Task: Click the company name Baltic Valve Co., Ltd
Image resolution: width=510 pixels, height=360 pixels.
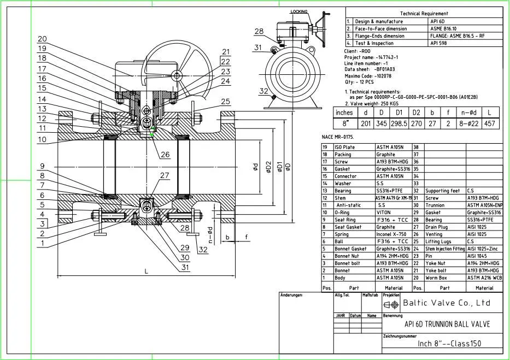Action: [446, 303]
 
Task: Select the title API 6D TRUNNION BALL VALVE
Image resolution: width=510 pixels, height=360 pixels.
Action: [447, 324]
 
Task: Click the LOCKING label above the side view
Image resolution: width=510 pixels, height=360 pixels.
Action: [299, 11]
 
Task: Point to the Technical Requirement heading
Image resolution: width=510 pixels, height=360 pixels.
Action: [424, 13]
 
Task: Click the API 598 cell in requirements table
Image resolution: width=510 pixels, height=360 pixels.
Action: [439, 43]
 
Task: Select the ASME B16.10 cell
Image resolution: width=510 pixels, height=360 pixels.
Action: [443, 29]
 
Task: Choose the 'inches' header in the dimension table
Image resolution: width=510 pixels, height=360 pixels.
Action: [344, 113]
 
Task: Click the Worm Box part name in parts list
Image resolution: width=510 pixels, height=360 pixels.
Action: [436, 278]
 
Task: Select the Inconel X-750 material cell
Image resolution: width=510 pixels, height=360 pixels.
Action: [391, 234]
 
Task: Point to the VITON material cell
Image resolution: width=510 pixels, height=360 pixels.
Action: [385, 212]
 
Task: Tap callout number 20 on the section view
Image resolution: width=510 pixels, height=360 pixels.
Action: [42, 39]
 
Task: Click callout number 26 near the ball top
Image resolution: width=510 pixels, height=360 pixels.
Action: [165, 155]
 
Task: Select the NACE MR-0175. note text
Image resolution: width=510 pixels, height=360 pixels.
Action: [339, 137]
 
